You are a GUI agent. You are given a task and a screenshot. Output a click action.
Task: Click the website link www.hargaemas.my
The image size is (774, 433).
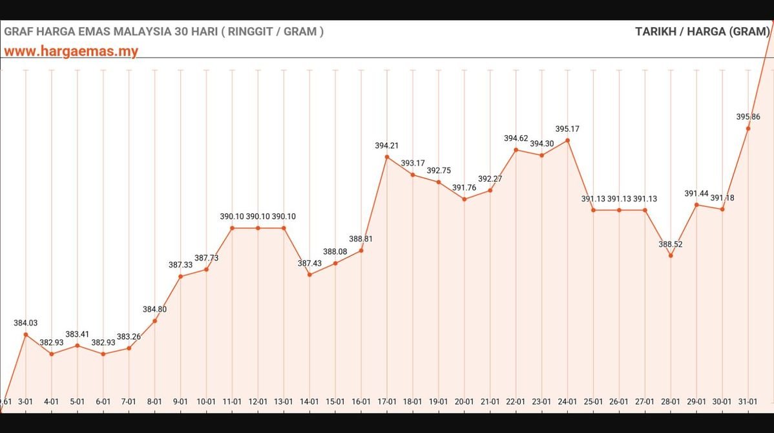71,52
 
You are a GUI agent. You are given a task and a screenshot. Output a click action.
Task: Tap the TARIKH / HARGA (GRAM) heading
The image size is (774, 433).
702,31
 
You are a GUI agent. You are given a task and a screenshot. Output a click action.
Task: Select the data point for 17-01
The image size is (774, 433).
387,157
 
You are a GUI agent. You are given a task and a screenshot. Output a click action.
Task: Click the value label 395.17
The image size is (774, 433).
567,129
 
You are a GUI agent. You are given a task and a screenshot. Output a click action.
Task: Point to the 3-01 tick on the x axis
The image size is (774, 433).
26,401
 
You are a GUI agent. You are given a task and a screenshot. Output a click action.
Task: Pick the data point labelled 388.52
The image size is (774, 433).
671,256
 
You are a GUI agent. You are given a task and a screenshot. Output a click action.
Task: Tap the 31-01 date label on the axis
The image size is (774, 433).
748,401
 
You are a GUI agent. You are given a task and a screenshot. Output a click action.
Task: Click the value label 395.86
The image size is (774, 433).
748,117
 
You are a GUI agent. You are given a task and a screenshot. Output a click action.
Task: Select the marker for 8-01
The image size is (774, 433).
155,321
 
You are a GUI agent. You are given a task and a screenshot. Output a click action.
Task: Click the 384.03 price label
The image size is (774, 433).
26,322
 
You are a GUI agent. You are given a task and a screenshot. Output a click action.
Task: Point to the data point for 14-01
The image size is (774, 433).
309,275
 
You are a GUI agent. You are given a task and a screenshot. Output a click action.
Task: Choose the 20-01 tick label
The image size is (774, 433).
464,401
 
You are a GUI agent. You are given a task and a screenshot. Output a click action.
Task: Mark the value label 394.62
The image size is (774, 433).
516,138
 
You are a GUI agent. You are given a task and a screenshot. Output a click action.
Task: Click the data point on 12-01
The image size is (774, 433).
258,228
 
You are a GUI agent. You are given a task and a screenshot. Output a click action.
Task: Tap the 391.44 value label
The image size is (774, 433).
696,193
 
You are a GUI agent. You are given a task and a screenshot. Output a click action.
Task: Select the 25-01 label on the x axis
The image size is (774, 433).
593,401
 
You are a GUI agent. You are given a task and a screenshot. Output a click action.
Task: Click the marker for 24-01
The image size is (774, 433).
567,140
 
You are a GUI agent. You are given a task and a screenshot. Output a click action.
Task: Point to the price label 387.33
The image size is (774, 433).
180,265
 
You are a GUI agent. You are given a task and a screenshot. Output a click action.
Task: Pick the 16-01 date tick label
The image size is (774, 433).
361,401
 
